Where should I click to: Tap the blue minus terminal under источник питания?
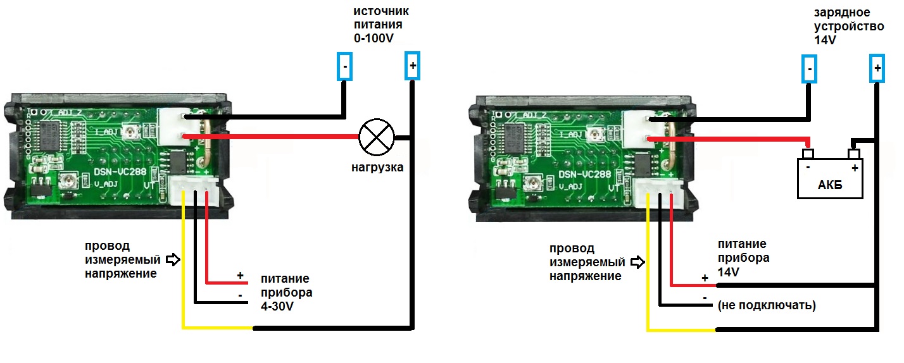pyautogui.click(x=344, y=67)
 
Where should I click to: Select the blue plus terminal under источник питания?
pyautogui.click(x=412, y=66)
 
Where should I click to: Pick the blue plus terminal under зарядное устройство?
pyautogui.click(x=877, y=68)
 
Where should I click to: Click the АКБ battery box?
pyautogui.click(x=829, y=180)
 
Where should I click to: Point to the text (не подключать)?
pyautogui.click(x=766, y=305)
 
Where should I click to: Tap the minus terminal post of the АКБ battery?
pyautogui.click(x=808, y=154)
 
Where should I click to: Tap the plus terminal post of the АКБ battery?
pyautogui.click(x=853, y=154)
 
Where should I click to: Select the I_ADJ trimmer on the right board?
pyautogui.click(x=596, y=133)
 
